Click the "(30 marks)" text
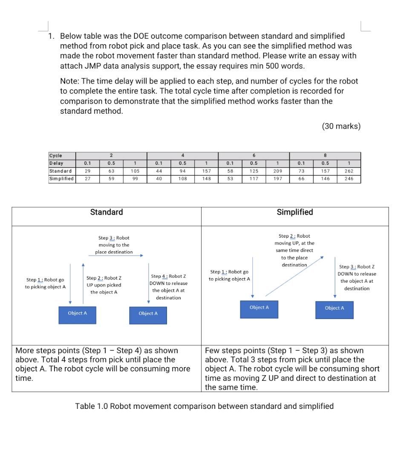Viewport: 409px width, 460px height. pyautogui.click(x=341, y=126)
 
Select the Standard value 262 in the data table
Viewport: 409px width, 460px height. pyautogui.click(x=349, y=171)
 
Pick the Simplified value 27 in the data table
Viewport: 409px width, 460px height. pyautogui.click(x=87, y=179)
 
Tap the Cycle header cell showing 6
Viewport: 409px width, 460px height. pyautogui.click(x=253, y=155)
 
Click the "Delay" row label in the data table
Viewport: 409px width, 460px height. pyautogui.click(x=56, y=163)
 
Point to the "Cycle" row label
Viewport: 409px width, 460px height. pyautogui.click(x=56, y=155)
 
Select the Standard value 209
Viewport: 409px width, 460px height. pyautogui.click(x=277, y=171)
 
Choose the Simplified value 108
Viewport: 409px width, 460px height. pyautogui.click(x=182, y=179)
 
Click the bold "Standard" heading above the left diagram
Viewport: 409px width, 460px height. pyautogui.click(x=107, y=212)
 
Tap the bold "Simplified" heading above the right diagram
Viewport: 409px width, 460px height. pyautogui.click(x=295, y=212)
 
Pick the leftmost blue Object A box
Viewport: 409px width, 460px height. pyautogui.click(x=77, y=313)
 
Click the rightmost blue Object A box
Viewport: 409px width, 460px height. pyautogui.click(x=334, y=308)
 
